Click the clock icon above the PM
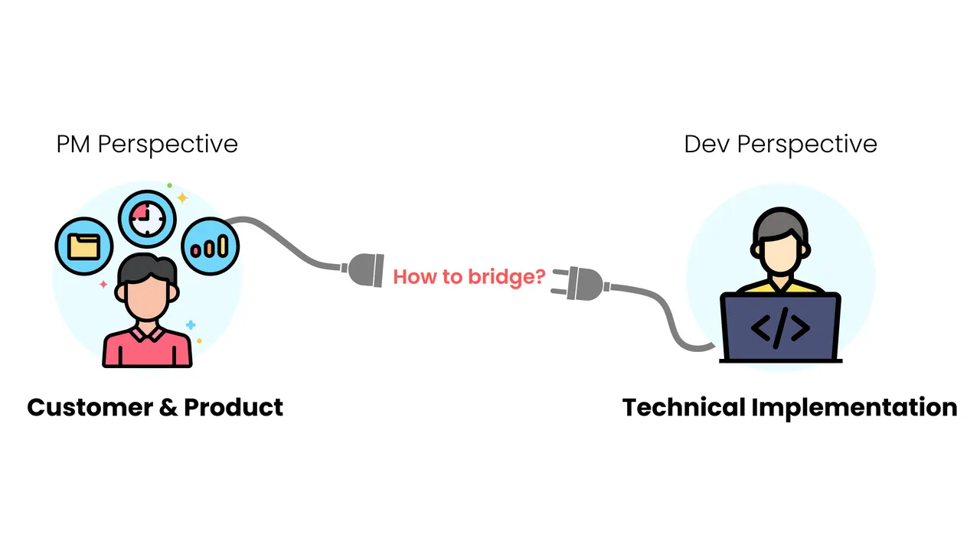147,219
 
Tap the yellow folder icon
84,246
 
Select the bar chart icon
210,246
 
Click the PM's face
146,293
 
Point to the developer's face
780,253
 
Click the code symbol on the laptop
780,328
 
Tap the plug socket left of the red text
363,270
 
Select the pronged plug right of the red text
580,284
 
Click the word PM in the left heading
73,145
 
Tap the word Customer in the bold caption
90,408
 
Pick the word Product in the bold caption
234,408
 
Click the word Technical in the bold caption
684,408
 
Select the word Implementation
854,409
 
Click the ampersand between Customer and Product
168,408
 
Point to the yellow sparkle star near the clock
182,197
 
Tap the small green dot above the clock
170,185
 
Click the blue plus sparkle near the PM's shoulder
191,325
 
